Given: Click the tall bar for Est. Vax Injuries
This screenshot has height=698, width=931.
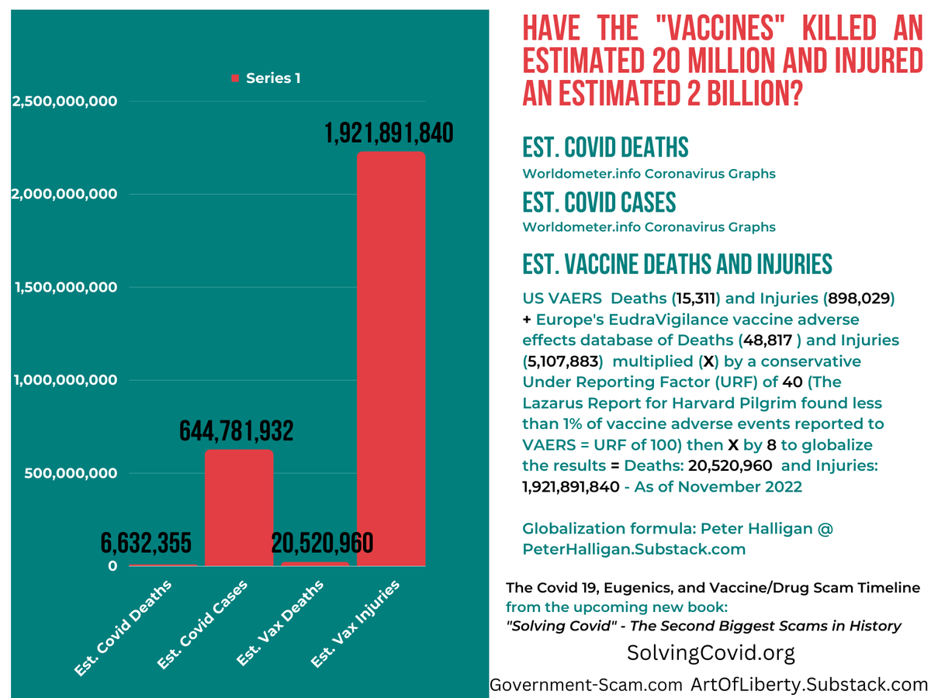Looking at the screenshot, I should (x=390, y=357).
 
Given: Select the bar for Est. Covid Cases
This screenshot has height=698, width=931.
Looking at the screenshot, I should (x=239, y=507).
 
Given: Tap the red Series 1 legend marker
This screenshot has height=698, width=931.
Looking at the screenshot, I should (x=234, y=78).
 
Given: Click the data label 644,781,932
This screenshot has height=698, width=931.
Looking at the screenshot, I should (x=237, y=431).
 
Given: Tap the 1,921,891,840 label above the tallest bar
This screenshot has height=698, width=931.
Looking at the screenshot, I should (x=389, y=133).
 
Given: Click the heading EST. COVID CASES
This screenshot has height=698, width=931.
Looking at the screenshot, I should (x=599, y=202).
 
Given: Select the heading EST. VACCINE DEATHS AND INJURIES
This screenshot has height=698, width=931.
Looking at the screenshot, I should (x=677, y=264).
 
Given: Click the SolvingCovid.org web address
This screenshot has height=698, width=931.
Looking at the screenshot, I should (x=711, y=653).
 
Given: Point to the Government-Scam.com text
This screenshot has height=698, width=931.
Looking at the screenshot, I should (x=587, y=684).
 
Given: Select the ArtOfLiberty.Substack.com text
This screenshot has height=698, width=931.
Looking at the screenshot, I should (x=809, y=684).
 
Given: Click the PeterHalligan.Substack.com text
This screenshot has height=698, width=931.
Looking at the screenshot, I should (x=634, y=549).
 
